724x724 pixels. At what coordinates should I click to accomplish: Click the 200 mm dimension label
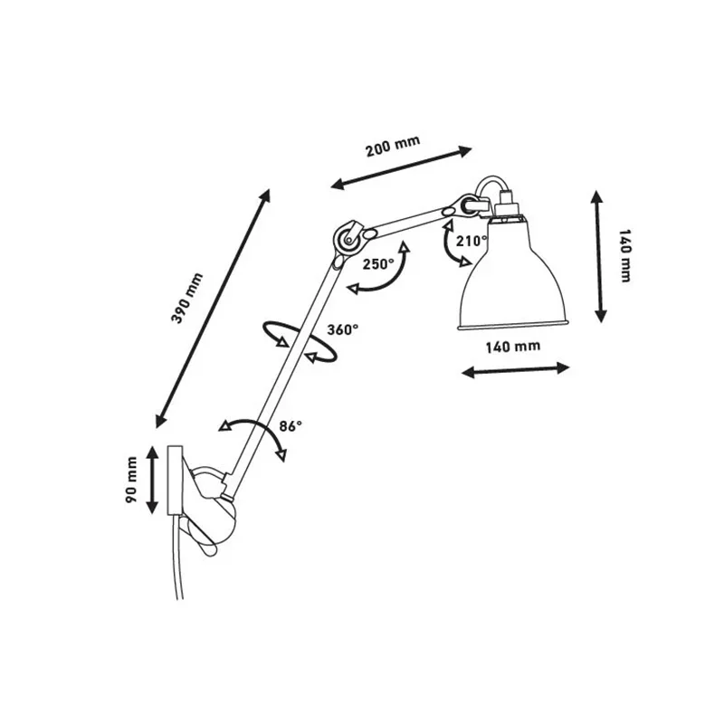click(x=392, y=148)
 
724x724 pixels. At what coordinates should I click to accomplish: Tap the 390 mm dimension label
click(x=186, y=298)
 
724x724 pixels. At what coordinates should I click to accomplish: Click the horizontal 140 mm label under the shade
click(x=513, y=347)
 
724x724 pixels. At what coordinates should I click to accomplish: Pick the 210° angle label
click(x=472, y=242)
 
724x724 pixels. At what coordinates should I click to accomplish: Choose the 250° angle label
click(x=377, y=263)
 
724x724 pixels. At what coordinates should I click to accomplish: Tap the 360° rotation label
click(x=342, y=329)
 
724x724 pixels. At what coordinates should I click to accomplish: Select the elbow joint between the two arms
click(x=348, y=237)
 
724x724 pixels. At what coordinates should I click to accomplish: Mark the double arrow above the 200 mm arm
click(x=402, y=167)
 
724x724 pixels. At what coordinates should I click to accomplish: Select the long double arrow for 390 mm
click(x=214, y=308)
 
